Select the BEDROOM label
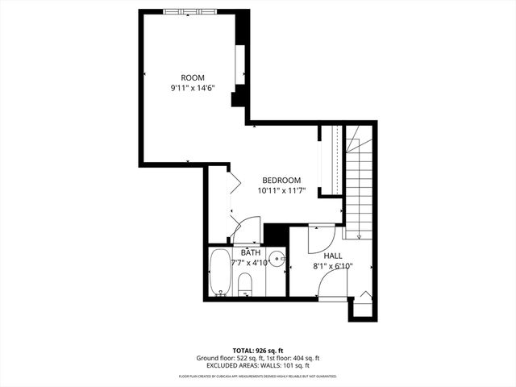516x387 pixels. click(281, 181)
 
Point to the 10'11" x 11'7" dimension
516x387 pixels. click(281, 191)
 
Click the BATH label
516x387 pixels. click(250, 252)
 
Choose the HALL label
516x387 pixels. click(333, 255)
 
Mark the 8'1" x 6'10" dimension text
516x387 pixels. click(333, 265)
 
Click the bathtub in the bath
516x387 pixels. click(219, 273)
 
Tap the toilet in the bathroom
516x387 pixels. click(246, 283)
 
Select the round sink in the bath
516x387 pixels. click(277, 260)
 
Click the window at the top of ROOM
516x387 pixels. click(189, 10)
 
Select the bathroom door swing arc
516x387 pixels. click(246, 231)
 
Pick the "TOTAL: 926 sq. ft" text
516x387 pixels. click(257, 350)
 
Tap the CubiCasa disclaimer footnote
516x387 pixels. click(257, 376)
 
